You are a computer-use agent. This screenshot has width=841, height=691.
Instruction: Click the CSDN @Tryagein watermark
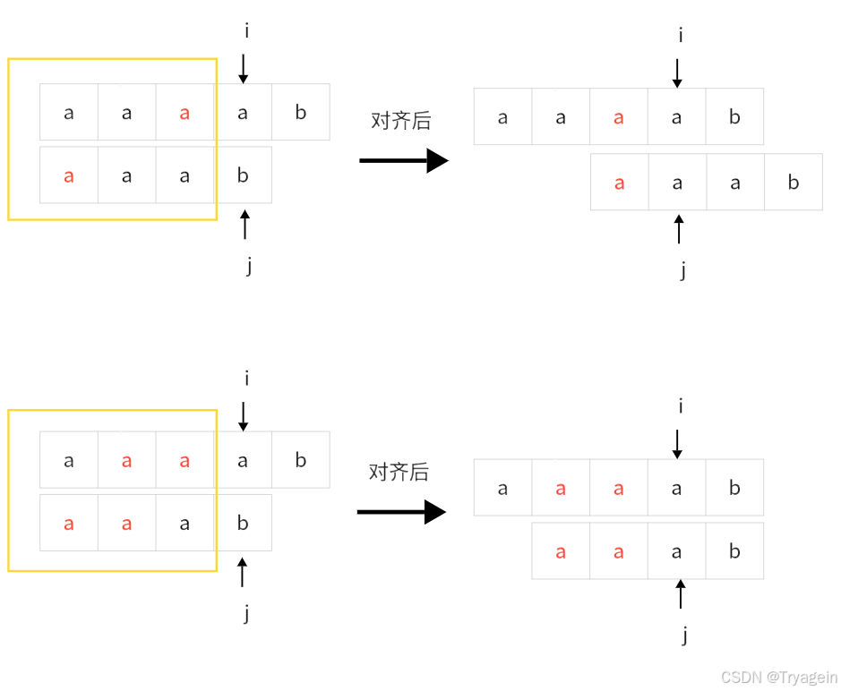(778, 677)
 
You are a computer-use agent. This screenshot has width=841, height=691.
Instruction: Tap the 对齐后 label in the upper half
(400, 121)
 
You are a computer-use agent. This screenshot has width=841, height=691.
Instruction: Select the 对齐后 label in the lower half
(399, 472)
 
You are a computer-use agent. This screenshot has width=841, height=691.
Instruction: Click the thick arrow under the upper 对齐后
(403, 161)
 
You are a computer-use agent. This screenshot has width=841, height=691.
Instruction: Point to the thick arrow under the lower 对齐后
(401, 512)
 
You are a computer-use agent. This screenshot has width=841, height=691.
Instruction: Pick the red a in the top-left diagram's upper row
(185, 113)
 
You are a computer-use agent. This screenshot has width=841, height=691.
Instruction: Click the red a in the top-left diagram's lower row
(69, 175)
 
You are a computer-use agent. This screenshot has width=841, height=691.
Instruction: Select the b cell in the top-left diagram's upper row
(300, 113)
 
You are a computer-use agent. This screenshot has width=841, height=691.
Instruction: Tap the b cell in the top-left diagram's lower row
(243, 175)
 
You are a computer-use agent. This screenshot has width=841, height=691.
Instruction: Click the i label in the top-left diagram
(246, 31)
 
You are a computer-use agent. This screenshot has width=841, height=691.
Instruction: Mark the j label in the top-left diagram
(248, 266)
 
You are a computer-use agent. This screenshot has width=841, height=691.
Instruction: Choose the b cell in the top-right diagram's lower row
(794, 183)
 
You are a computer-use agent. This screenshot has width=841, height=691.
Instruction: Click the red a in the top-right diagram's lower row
(619, 183)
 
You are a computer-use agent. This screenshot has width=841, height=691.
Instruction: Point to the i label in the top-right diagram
(681, 35)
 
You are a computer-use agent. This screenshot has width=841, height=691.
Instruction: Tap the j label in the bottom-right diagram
(684, 636)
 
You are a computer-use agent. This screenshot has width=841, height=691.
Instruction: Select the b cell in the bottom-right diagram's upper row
(734, 488)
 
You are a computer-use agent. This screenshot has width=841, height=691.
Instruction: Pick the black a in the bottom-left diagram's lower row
(185, 524)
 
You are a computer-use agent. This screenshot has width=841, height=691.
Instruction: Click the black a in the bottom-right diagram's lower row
(677, 551)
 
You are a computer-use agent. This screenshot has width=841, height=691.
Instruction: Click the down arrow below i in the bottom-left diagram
(243, 416)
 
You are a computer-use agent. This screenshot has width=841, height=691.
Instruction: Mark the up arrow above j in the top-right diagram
(679, 229)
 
